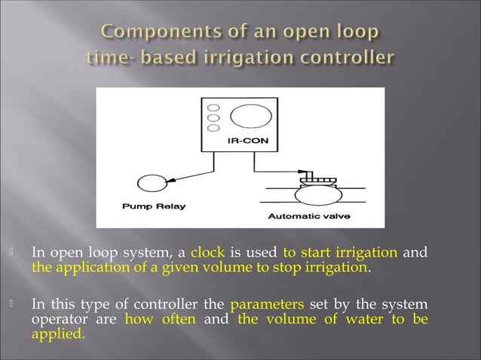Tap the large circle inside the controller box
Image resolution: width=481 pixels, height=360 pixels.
250,117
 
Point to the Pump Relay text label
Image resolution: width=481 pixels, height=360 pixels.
154,205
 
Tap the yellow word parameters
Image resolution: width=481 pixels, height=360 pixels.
266,305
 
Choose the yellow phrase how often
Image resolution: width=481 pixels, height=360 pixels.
160,319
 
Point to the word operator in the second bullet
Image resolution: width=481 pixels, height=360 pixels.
55,319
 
